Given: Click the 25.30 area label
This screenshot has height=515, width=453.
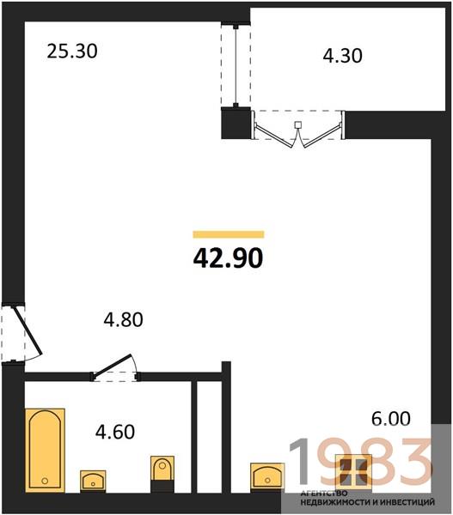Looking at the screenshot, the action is pos(72,51).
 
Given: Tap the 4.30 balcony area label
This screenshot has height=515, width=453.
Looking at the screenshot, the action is pos(342,55).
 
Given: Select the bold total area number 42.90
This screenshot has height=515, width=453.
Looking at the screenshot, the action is pos(228,257).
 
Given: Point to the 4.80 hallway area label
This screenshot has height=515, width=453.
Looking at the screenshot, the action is pos(124,319).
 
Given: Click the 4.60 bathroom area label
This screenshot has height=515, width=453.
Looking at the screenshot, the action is pos(115,432).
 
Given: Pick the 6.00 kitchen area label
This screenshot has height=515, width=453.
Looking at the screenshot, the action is pos(391,419).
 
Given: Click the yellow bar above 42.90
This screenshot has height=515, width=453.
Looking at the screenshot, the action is pos(229,234).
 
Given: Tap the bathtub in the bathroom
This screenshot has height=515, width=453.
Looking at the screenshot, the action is pos(45,451).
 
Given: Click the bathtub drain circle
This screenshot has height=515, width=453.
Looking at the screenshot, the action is pos(45,481).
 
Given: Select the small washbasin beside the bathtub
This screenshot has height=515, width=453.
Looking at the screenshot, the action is pos(93,482).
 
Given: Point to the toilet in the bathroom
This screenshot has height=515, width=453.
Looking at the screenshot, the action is pos(162,474).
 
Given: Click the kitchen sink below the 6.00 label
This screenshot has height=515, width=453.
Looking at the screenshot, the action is pos(267,477).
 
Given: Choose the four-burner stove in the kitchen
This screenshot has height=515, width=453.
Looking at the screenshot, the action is pos(353,472).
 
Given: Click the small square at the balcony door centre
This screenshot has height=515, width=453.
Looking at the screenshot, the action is pos(297,124).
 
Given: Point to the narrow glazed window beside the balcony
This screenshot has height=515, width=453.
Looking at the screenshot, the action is pos(236,66).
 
